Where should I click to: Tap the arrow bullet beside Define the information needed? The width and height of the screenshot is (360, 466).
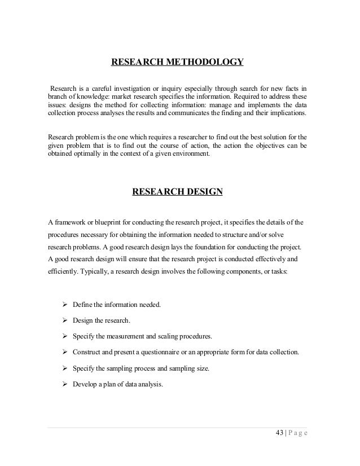[x=64, y=305]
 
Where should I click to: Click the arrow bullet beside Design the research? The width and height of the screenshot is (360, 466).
[x=64, y=320]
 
